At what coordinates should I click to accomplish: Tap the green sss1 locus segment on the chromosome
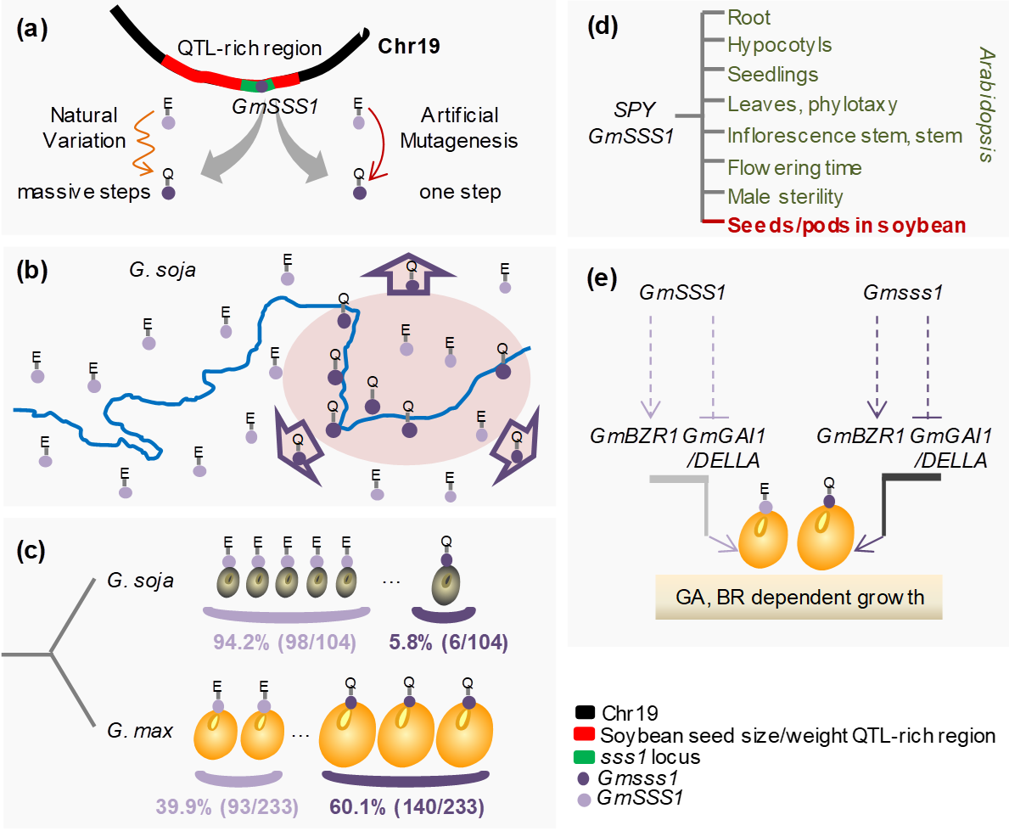tap(256, 85)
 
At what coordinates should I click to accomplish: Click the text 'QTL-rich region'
tap(255, 48)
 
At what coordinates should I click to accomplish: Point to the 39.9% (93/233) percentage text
tap(227, 804)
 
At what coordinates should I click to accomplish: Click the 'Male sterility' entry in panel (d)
tap(786, 197)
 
